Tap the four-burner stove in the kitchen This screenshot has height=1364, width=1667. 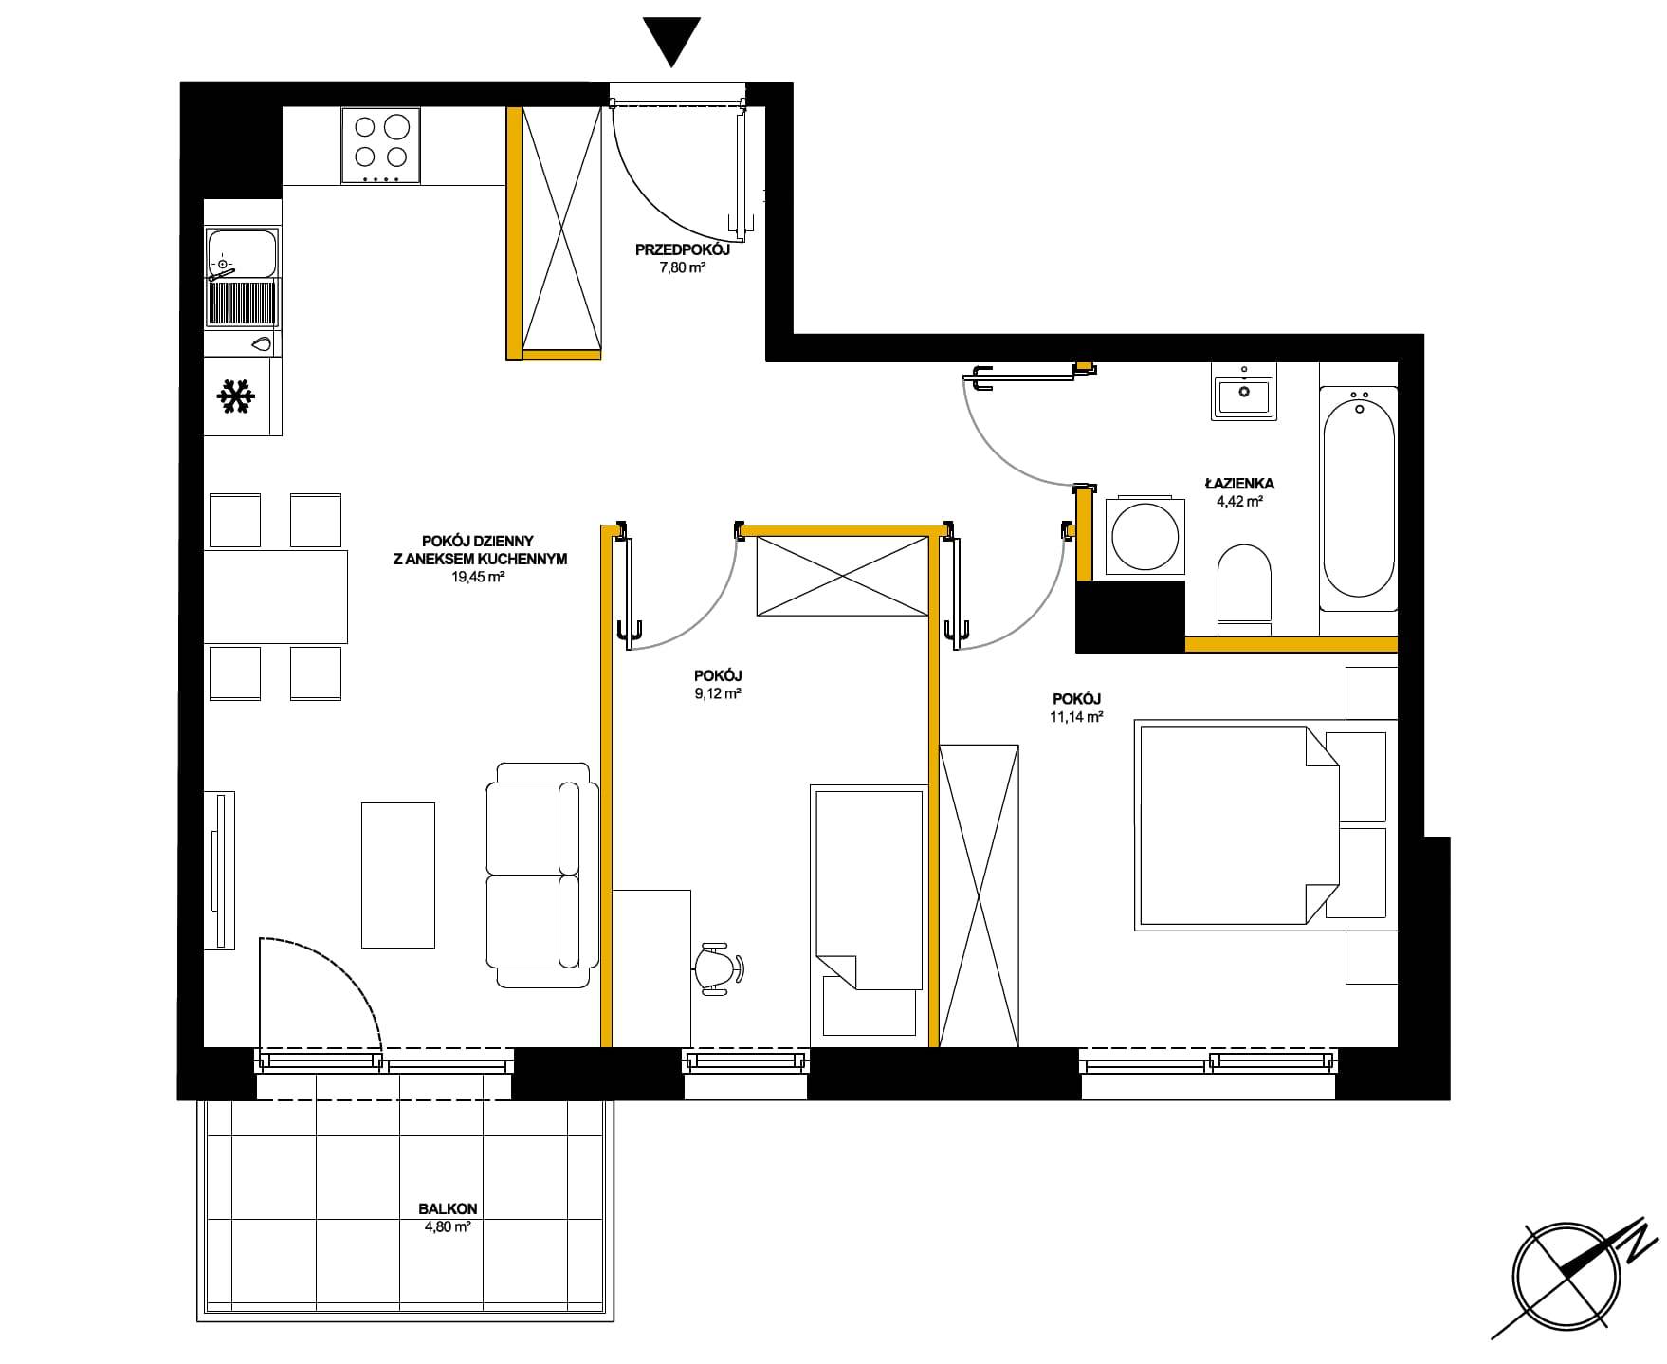point(381,146)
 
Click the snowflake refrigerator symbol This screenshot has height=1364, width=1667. point(236,396)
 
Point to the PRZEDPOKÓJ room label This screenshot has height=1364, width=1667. point(683,250)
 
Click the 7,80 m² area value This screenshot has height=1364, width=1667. point(683,267)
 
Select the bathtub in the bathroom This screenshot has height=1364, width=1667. point(1359,499)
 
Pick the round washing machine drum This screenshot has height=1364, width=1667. point(1145,534)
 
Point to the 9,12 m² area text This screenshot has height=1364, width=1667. point(718,693)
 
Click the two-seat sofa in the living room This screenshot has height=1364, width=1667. point(542,875)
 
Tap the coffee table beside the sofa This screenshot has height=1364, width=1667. point(398,875)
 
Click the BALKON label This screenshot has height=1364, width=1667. point(448,1209)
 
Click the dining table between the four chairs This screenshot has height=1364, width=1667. point(276,597)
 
